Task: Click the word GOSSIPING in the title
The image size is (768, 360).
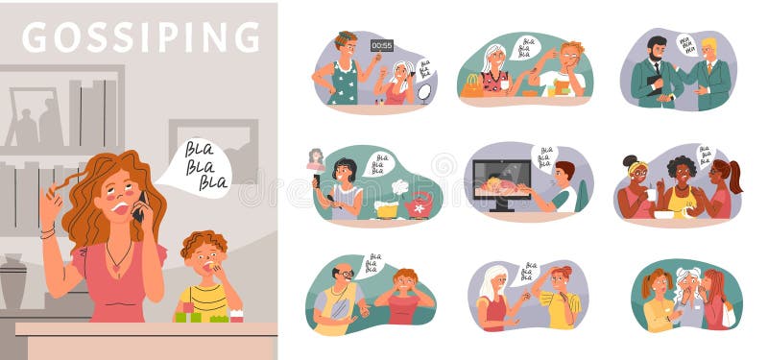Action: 140,36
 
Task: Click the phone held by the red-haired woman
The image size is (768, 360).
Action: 140,205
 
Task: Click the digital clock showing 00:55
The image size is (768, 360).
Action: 381,45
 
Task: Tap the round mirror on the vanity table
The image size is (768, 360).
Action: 423,92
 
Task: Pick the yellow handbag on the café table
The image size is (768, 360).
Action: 473,86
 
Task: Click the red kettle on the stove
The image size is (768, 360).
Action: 420,204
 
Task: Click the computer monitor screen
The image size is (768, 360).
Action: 501,180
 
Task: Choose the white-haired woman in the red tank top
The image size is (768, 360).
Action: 492,298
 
